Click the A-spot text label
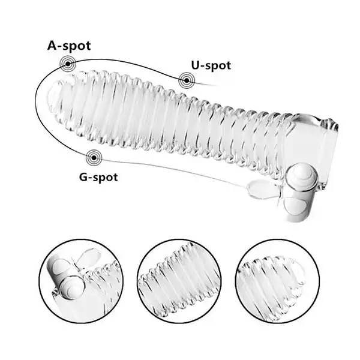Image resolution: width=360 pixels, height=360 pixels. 70,46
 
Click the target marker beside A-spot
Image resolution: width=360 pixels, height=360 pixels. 67,63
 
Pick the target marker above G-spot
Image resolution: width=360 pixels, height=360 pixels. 93,158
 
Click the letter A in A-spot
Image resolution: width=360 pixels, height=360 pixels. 53,46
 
